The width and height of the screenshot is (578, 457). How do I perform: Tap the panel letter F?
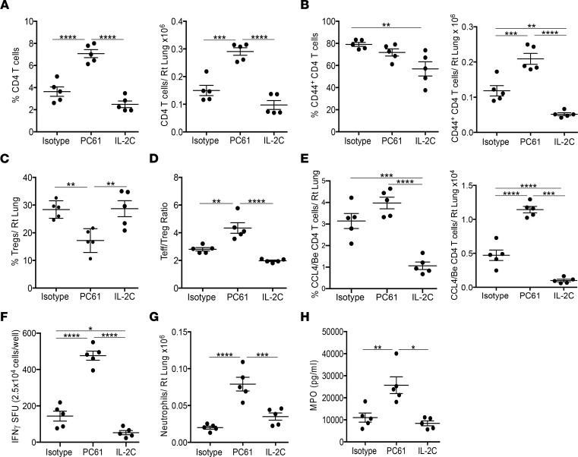point(6,308)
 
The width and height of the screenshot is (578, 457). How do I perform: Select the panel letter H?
point(380,308)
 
